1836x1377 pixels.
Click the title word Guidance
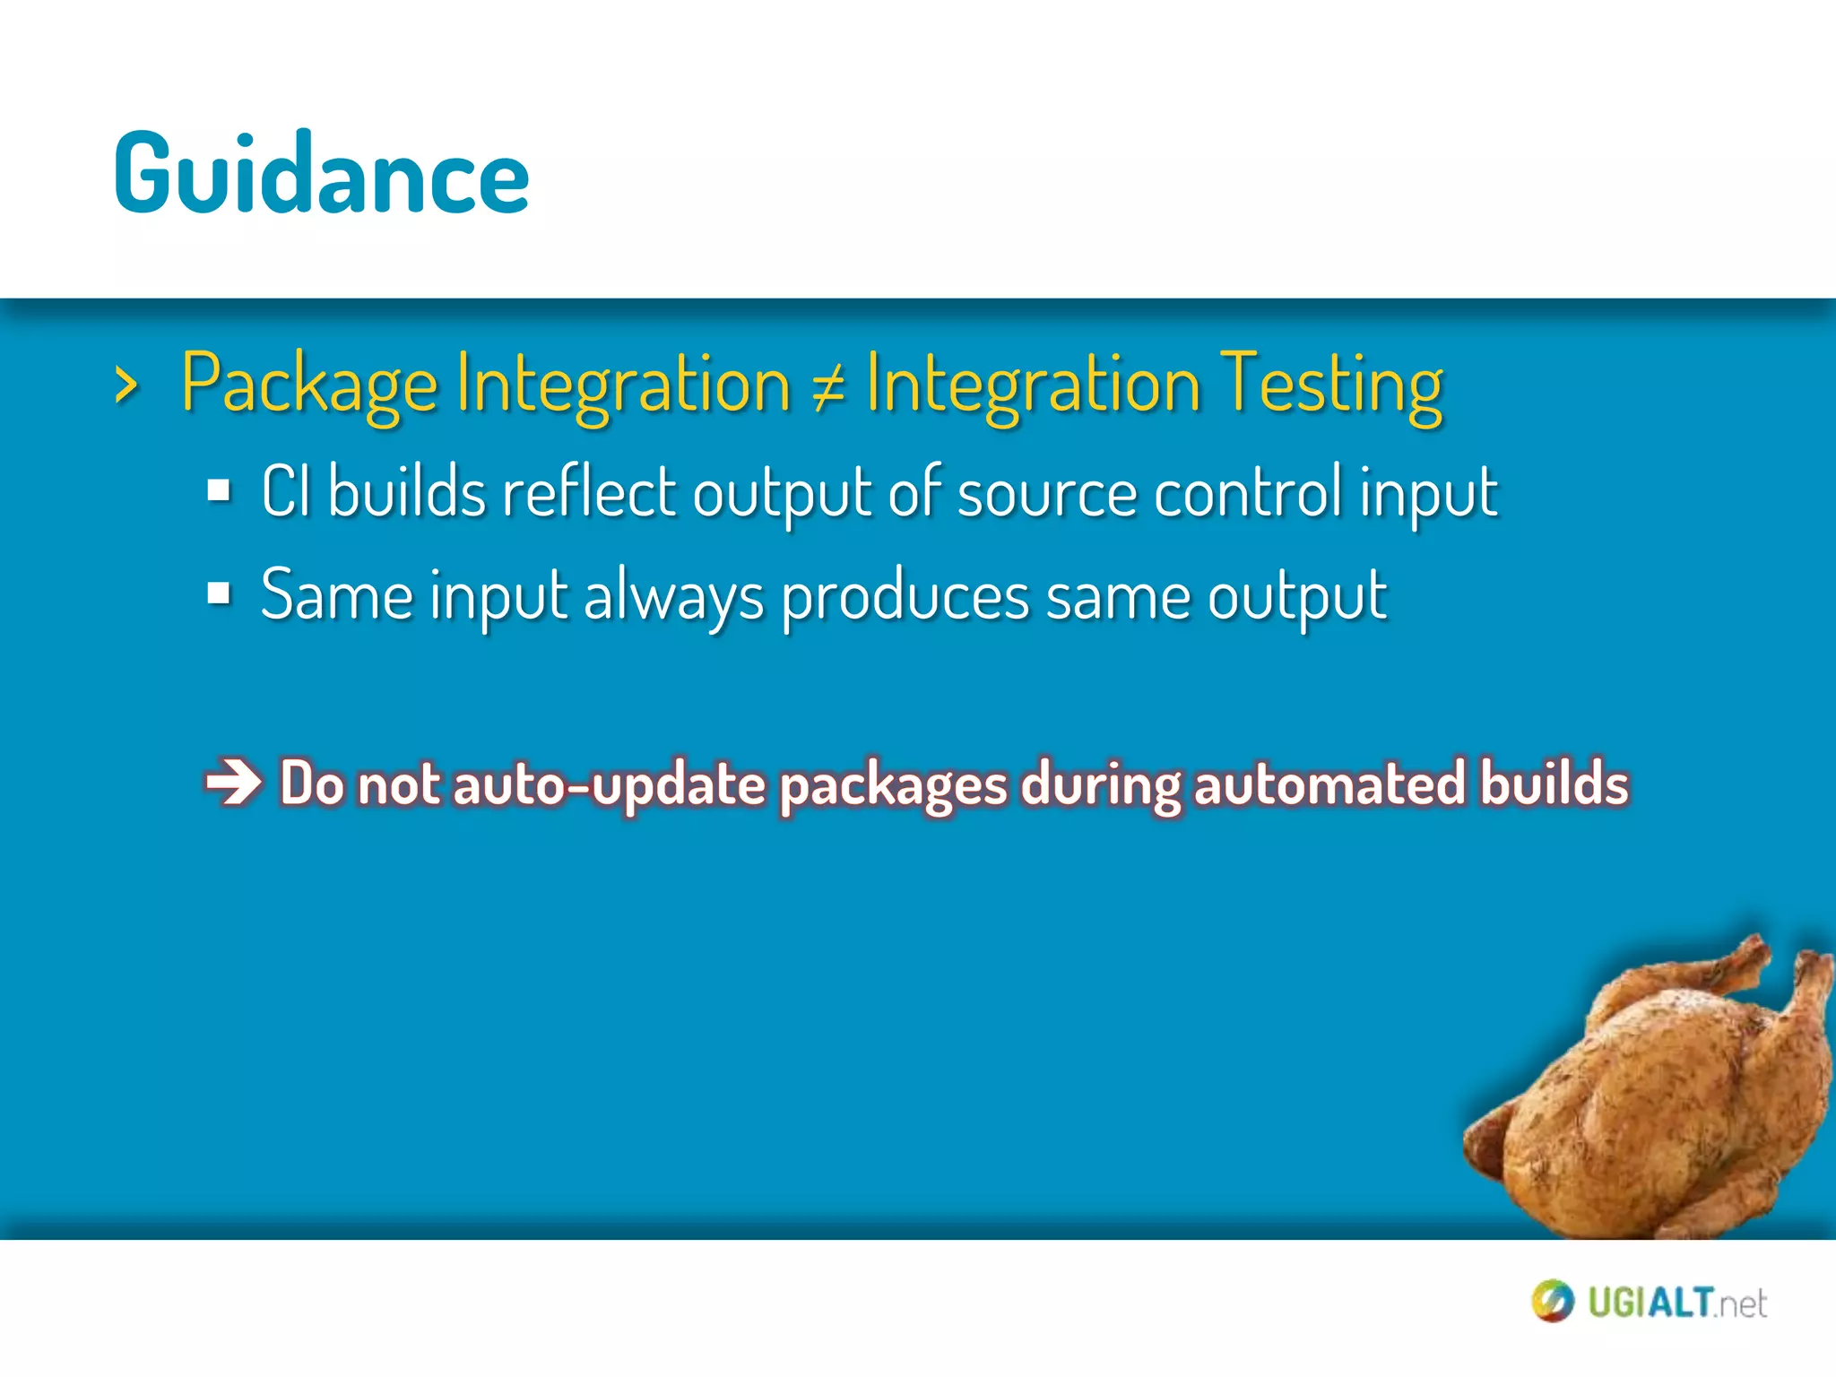(321, 175)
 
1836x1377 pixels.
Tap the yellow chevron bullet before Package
(127, 386)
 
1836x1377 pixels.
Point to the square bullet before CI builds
(219, 491)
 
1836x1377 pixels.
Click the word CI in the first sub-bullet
(286, 491)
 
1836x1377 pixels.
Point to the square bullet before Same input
(219, 593)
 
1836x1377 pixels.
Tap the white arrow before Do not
(233, 783)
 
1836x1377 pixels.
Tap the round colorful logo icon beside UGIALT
(1553, 1302)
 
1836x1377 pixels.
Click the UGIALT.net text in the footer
(1676, 1303)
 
